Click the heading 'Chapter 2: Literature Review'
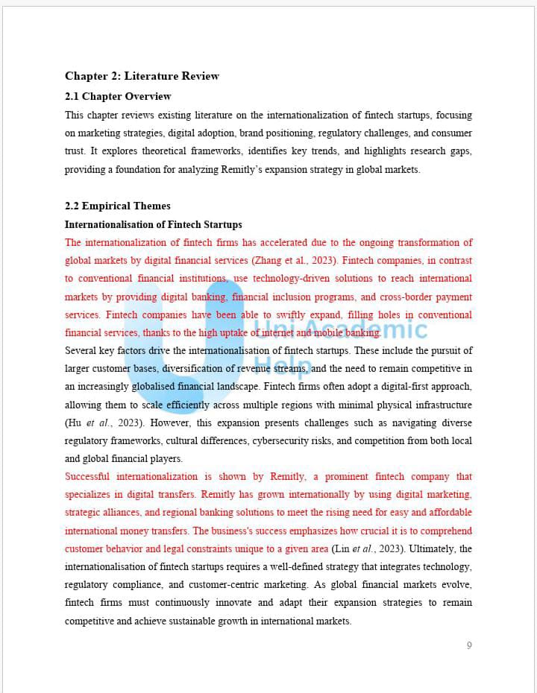click(142, 76)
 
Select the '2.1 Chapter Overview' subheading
click(118, 96)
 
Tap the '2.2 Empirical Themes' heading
click(117, 206)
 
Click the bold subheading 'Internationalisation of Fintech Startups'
click(153, 224)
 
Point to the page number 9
click(469, 645)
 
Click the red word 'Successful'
click(87, 477)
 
